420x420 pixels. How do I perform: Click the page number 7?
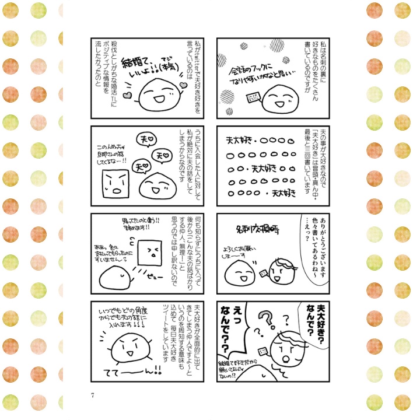[x=93, y=395]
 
